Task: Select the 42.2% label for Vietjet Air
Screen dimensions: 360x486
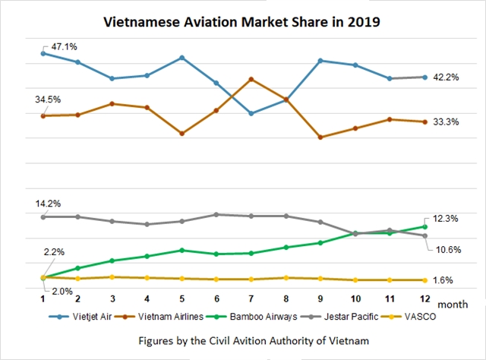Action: tap(447, 77)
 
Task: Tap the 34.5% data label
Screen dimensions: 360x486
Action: tap(48, 99)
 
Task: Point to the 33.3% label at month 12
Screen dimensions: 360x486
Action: tap(447, 122)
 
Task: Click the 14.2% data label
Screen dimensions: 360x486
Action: tap(48, 204)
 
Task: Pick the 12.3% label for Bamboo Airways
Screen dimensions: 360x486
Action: tap(447, 219)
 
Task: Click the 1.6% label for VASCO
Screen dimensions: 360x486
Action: tap(443, 280)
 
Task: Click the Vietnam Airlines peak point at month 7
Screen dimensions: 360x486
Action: tap(251, 79)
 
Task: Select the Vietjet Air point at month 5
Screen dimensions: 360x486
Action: tap(181, 58)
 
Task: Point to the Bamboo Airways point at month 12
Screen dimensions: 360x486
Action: tap(424, 226)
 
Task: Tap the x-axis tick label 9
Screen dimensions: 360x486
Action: tap(320, 299)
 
